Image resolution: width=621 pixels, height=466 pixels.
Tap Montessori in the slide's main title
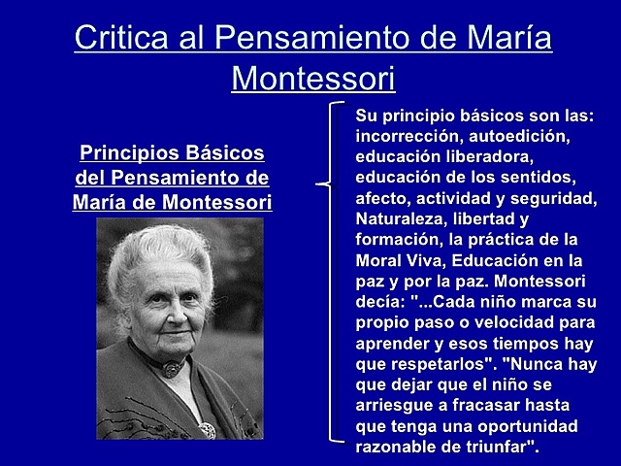click(313, 77)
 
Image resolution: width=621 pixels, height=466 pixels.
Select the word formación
click(398, 239)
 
